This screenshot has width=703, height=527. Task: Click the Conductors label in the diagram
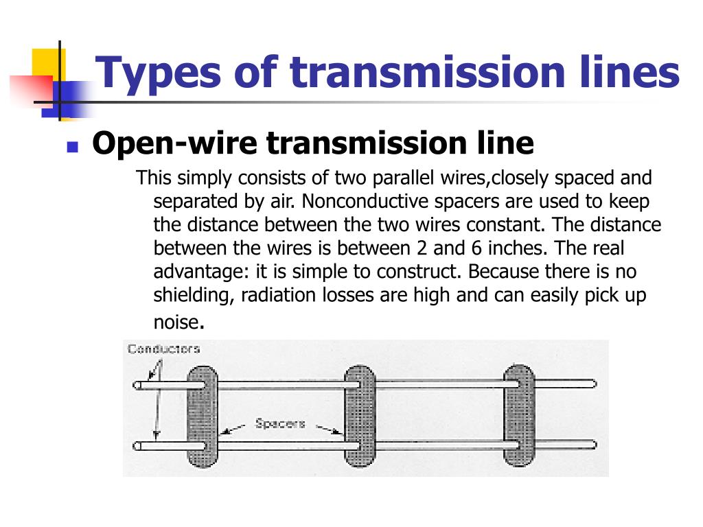(163, 349)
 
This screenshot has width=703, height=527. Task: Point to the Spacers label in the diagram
(280, 423)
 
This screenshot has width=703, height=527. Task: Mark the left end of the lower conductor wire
(138, 445)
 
